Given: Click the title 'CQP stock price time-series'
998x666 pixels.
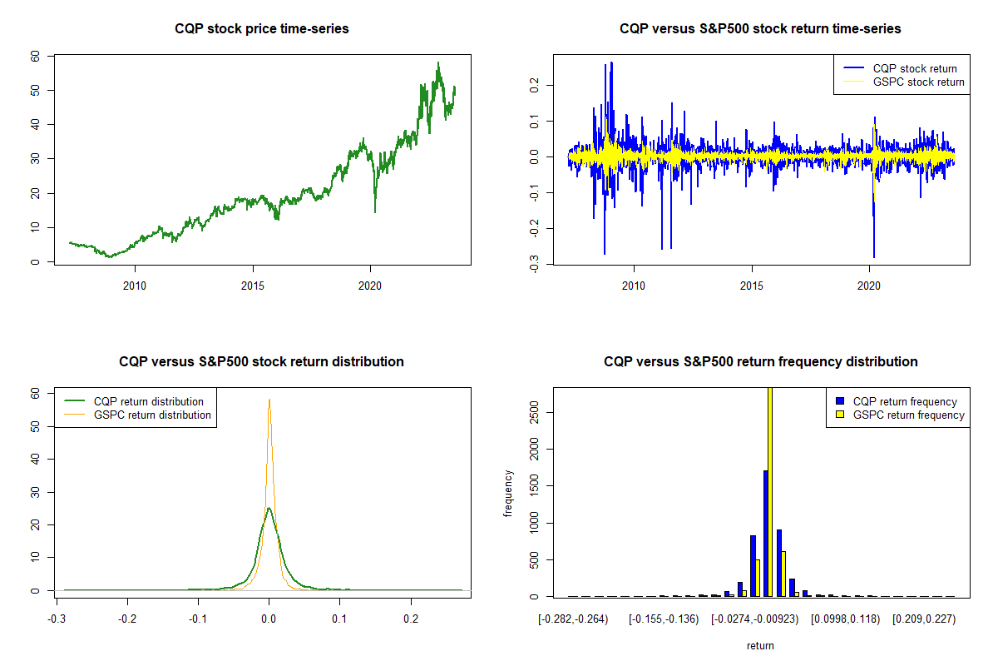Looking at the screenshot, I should (x=262, y=29).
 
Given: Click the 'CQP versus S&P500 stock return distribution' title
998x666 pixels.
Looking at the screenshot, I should (x=262, y=362).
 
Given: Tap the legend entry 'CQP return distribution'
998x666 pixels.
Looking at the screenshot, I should (x=149, y=401).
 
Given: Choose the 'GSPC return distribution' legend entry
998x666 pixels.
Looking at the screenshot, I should (x=152, y=415).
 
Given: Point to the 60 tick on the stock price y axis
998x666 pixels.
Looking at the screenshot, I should (x=36, y=56).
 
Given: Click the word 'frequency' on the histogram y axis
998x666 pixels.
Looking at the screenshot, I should (x=508, y=494).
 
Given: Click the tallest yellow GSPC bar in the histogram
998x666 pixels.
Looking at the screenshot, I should (x=770, y=491).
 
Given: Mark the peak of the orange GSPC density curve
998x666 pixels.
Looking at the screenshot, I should (x=269, y=400).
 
